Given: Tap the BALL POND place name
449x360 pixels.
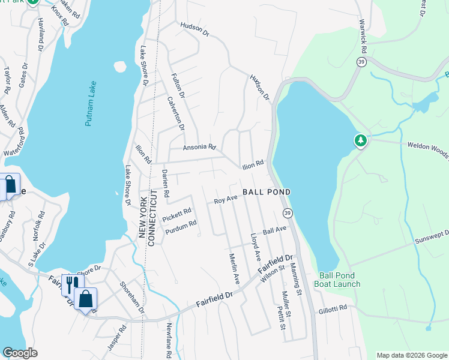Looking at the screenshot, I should [267, 192].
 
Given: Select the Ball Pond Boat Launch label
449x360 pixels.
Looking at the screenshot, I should [339, 280].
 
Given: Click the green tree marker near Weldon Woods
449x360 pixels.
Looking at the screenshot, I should [360, 141].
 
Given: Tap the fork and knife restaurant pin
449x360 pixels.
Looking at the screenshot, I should [70, 283].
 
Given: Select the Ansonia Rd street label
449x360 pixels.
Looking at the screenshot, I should [199, 147].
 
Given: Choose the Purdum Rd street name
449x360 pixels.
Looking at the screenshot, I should [181, 224].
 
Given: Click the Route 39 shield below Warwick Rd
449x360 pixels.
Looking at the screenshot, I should [361, 62].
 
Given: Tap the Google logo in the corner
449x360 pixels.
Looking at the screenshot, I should [20, 353].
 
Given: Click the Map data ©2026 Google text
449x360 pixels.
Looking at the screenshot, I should [411, 355].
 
